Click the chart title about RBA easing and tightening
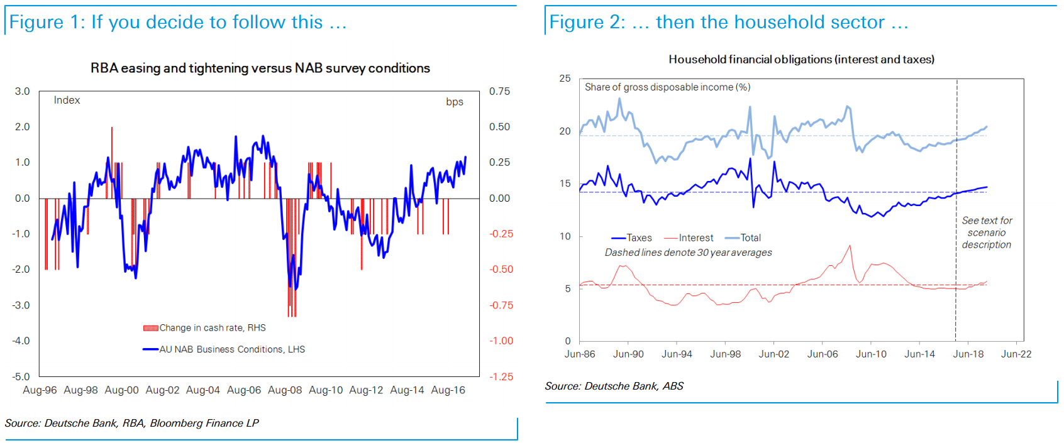260,68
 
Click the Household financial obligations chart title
801,59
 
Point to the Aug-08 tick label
285,390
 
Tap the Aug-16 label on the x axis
448,390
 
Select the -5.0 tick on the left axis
21,376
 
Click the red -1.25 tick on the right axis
501,376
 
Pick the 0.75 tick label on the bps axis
499,91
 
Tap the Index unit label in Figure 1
67,100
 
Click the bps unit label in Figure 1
455,102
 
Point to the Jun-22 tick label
1016,354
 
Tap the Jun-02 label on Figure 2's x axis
773,354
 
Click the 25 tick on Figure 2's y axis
565,79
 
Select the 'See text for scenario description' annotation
987,232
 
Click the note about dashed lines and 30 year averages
688,253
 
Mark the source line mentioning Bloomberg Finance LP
132,423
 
